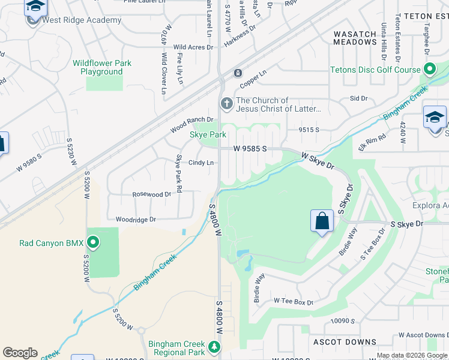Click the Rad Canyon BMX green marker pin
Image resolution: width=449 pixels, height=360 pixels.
93,243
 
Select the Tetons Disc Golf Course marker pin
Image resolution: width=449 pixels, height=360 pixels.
429,70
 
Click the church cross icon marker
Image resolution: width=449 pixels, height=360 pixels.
227,104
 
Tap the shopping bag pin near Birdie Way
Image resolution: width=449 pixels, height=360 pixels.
322,221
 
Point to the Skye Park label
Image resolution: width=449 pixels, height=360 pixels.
208,135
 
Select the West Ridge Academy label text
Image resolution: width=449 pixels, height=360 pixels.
82,20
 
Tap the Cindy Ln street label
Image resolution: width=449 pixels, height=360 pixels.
201,163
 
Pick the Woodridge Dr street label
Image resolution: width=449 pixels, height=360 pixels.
136,220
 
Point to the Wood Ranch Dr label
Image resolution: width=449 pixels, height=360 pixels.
191,125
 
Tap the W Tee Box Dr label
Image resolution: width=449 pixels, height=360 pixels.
294,301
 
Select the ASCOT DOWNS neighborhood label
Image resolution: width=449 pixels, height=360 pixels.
345,342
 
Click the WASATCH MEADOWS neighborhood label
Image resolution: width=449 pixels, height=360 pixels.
355,37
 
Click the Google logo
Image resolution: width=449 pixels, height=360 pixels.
20,353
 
